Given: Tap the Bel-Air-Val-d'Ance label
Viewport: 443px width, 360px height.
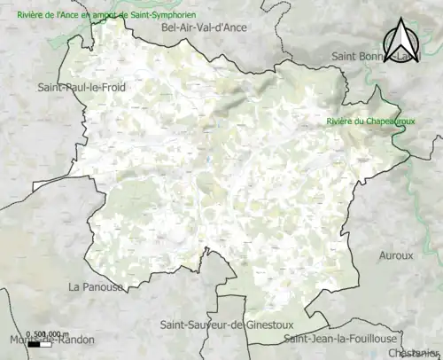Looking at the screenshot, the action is [x=204, y=28].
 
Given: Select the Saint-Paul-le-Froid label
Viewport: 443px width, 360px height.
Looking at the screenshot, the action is [x=82, y=87].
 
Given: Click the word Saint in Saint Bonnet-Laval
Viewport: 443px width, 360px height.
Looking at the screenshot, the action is [x=346, y=56].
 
